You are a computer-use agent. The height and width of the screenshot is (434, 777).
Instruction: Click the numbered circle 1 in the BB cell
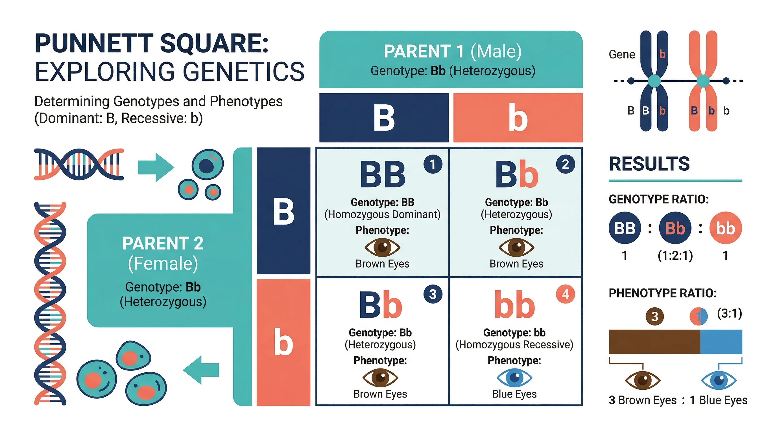[433, 164]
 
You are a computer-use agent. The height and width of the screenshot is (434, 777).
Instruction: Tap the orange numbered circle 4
[565, 294]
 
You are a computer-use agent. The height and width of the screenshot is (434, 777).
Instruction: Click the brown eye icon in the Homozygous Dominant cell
[382, 247]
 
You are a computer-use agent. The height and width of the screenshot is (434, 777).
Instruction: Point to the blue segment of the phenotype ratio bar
[721, 342]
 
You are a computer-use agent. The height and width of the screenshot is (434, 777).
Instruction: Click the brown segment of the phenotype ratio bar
[654, 342]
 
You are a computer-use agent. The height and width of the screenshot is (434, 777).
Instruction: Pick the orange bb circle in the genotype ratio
[725, 228]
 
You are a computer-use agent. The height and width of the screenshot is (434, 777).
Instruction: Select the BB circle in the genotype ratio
[624, 228]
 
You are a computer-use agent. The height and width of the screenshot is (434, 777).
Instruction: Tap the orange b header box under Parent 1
[518, 118]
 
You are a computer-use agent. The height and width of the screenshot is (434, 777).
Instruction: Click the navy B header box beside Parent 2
[283, 211]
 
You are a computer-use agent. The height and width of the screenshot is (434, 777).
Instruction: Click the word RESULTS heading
[649, 164]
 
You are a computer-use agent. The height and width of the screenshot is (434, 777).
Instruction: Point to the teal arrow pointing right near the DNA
[156, 167]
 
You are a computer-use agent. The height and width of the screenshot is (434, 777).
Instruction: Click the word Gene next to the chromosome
[622, 55]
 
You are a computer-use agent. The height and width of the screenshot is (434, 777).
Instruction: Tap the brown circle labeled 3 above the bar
[654, 316]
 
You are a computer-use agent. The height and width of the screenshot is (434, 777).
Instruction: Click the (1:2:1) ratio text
[675, 256]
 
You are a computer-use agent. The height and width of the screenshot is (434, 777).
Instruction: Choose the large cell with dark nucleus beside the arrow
[208, 165]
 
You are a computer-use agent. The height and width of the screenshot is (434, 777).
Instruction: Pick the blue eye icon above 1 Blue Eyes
[719, 380]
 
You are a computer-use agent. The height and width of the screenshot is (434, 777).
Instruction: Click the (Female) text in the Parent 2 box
[163, 264]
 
